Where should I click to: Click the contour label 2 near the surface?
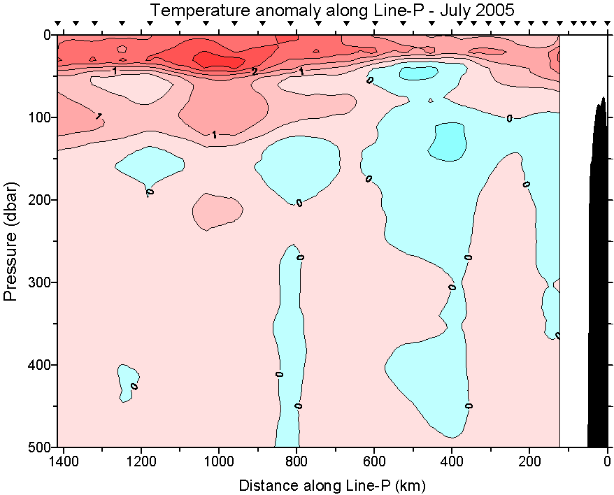click(255, 71)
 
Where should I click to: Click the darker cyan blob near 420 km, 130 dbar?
click(447, 141)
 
